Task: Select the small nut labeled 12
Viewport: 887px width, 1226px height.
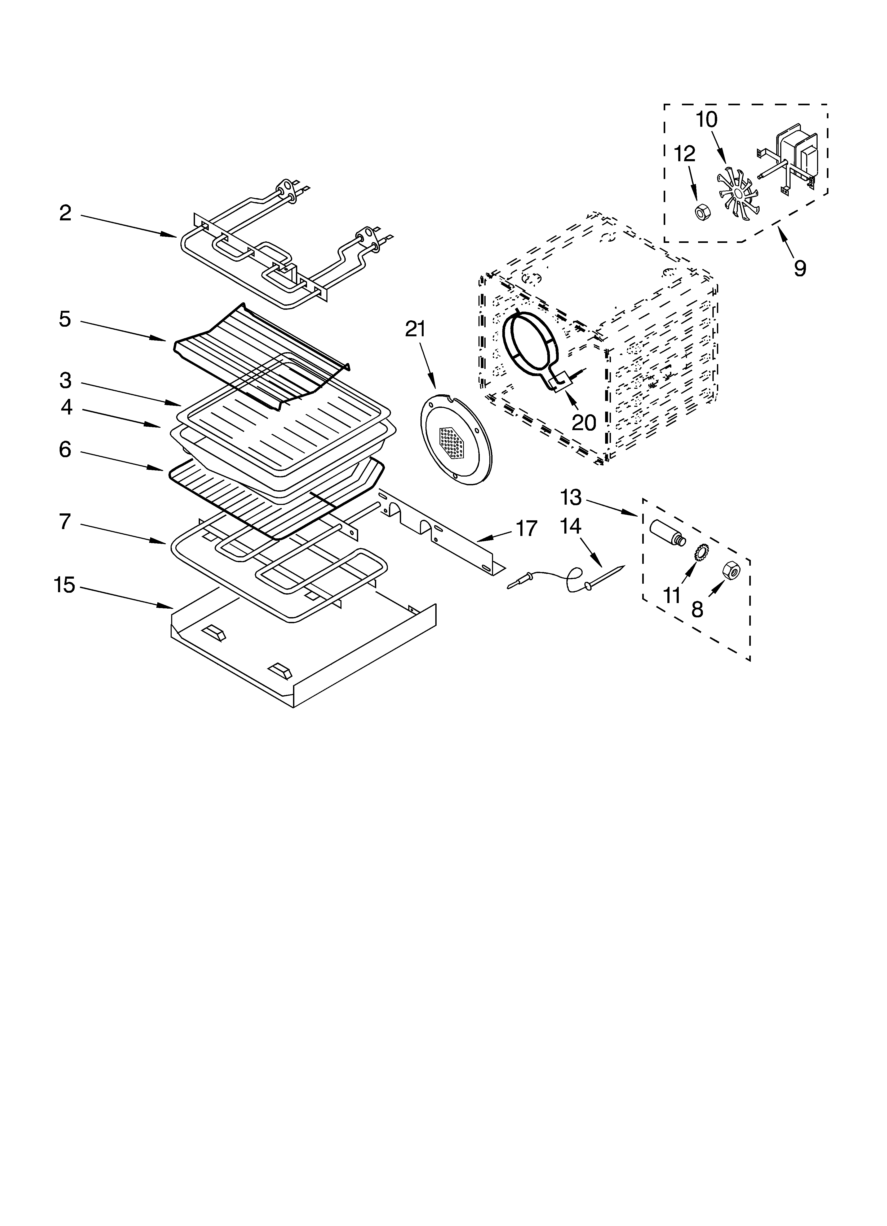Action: click(x=702, y=211)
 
